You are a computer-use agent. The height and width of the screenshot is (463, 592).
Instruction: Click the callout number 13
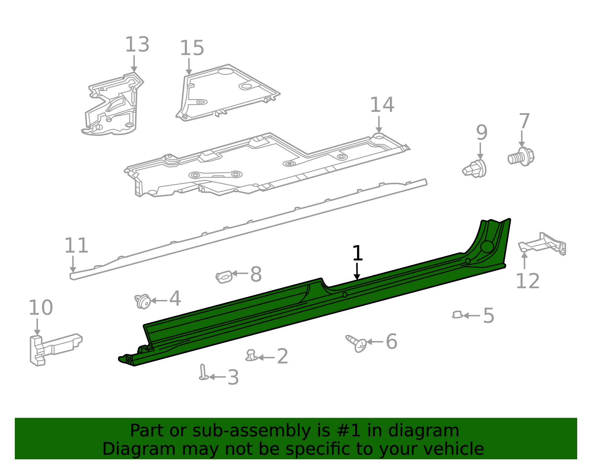137,45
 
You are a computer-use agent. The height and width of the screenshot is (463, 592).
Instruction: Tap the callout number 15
192,49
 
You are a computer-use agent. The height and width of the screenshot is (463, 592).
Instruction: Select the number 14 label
382,105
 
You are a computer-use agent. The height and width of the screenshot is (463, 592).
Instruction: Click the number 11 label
76,245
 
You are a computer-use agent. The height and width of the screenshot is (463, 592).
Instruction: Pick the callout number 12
527,281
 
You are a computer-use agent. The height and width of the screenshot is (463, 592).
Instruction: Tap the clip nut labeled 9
475,169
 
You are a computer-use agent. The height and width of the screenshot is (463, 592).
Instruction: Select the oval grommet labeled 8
224,276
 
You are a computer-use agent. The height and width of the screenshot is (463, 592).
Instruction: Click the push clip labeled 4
143,301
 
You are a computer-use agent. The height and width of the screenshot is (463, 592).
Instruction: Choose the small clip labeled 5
457,315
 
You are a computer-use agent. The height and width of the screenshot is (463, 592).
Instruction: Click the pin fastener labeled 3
203,372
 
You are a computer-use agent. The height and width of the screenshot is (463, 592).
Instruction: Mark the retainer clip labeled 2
251,355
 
